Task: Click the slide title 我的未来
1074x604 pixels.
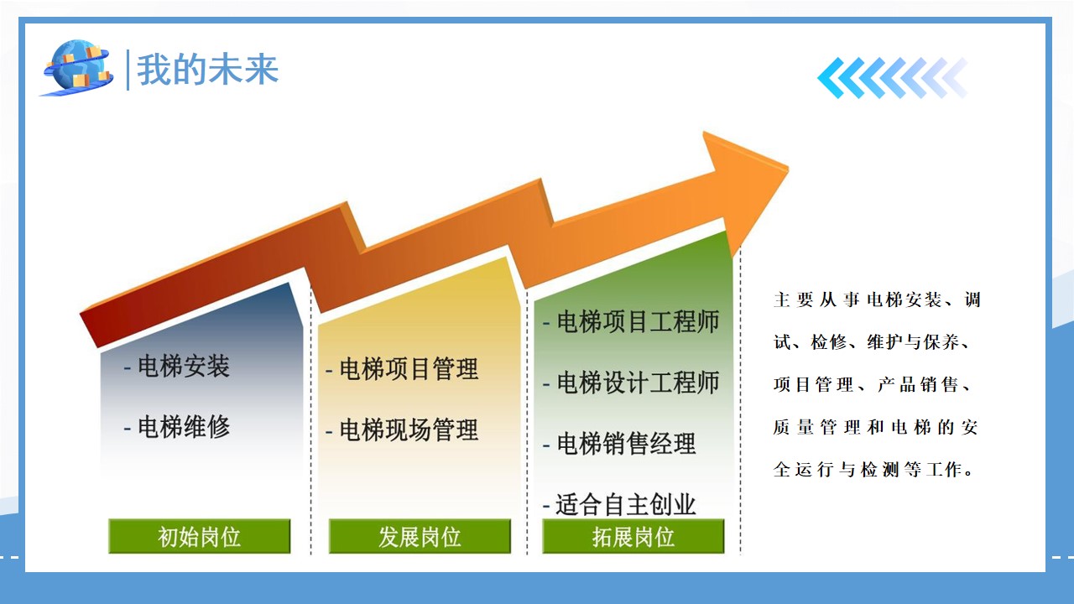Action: [x=207, y=70]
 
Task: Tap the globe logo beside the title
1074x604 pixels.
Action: [x=77, y=68]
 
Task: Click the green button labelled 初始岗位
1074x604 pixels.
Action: [x=200, y=536]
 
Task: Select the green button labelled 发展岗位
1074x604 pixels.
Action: [x=420, y=536]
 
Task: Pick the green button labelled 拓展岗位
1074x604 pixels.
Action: [x=633, y=536]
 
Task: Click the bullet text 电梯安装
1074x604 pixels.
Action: [x=184, y=367]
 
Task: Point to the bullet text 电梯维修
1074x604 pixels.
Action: [x=184, y=427]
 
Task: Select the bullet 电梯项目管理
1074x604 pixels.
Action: [x=409, y=369]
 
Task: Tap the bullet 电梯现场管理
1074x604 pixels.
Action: [x=409, y=430]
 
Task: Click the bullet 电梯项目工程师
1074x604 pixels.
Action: [x=639, y=321]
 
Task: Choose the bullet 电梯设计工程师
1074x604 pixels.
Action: [x=639, y=383]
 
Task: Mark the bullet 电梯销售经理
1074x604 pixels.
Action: [x=626, y=444]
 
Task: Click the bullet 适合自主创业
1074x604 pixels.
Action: [x=626, y=505]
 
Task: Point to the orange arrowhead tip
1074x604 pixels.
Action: [x=788, y=169]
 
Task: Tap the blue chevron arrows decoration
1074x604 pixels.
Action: [x=893, y=78]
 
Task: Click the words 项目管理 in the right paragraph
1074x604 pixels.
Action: [x=813, y=384]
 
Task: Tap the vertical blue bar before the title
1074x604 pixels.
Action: [x=128, y=70]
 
